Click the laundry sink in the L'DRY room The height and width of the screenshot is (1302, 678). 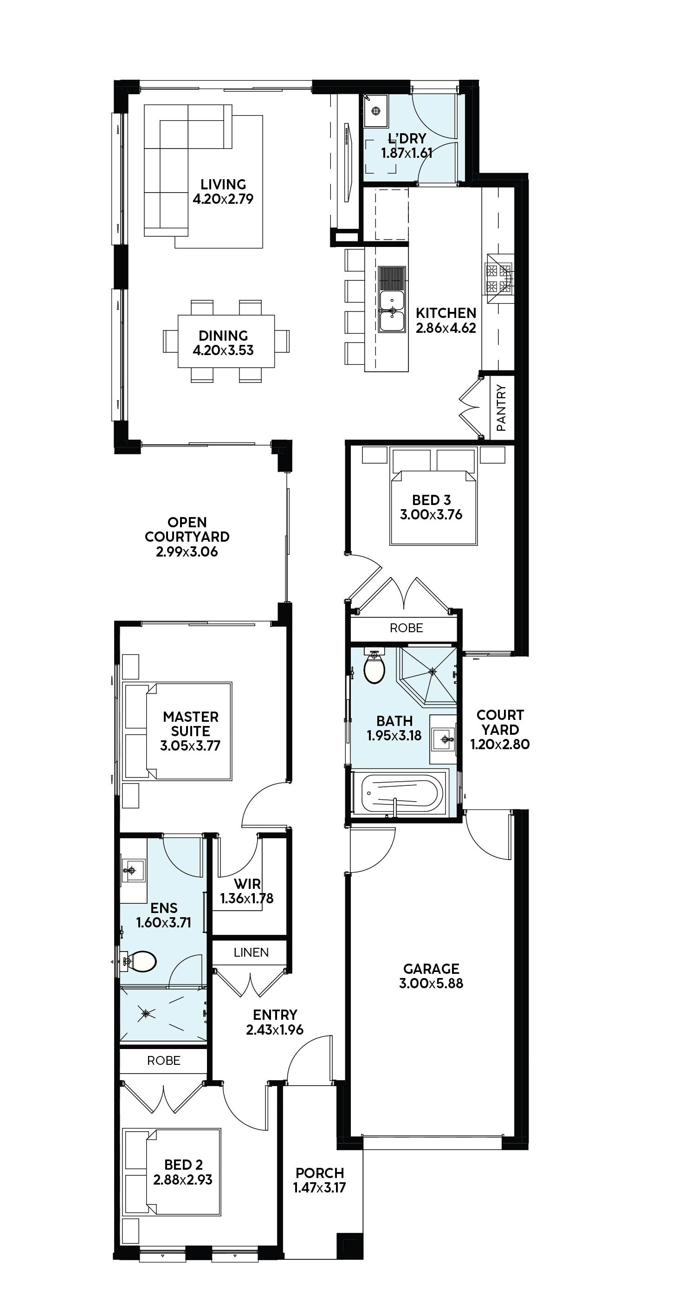[x=375, y=110]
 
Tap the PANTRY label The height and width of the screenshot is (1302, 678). [x=501, y=408]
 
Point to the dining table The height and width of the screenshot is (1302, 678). [x=226, y=342]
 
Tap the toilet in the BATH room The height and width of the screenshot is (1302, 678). [x=375, y=666]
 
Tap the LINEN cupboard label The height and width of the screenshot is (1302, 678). [x=251, y=952]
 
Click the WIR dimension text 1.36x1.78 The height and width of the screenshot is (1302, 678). [x=246, y=898]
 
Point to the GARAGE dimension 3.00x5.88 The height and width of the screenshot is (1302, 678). [x=431, y=983]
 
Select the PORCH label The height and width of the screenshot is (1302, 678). [x=320, y=1172]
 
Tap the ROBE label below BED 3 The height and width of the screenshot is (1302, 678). [x=406, y=628]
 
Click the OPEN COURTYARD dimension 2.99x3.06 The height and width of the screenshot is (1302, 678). [x=187, y=551]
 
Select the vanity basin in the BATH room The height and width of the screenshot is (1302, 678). [x=444, y=739]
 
